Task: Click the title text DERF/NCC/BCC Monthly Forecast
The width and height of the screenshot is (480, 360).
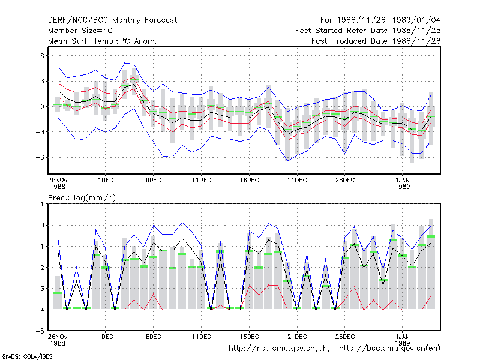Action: (112, 20)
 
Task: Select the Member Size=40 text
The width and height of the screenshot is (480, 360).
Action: (80, 31)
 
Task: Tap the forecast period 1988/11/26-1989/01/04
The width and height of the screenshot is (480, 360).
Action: (389, 20)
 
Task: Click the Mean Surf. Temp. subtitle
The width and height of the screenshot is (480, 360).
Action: (102, 41)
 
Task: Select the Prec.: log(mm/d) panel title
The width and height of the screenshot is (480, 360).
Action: (82, 198)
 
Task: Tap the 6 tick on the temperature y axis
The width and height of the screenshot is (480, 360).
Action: (42, 56)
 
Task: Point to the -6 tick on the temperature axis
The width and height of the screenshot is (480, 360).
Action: (40, 157)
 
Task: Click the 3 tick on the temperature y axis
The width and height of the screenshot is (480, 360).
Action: (42, 81)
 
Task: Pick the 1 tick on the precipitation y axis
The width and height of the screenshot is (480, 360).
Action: (42, 204)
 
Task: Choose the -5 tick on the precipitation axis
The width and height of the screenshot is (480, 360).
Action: (40, 331)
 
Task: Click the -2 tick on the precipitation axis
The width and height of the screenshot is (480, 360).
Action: (40, 268)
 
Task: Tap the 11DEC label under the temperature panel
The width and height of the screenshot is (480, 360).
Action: (202, 181)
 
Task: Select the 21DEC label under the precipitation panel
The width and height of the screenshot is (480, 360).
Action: (297, 337)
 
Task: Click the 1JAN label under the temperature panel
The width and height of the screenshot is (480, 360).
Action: (402, 181)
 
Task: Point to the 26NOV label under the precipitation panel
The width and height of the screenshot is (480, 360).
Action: (58, 337)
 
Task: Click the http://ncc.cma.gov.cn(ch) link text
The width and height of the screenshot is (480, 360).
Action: (279, 349)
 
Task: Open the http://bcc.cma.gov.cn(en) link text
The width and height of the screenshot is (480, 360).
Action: (389, 349)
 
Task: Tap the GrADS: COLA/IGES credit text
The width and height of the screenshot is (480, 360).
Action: (27, 356)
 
